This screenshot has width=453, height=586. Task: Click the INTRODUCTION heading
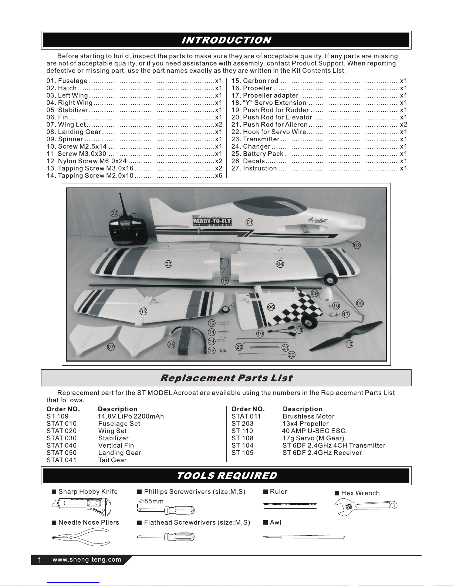click(226, 40)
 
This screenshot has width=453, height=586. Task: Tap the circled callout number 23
click(115, 213)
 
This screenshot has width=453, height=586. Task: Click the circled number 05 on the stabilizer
click(143, 311)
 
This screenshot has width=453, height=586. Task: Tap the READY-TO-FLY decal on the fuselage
click(212, 221)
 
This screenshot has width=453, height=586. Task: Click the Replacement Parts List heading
click(226, 378)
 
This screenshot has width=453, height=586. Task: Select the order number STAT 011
click(246, 416)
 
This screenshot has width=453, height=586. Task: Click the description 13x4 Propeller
click(305, 424)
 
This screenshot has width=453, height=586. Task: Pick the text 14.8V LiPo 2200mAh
click(131, 416)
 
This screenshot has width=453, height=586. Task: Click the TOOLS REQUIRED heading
click(226, 475)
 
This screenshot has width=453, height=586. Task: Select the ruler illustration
click(290, 507)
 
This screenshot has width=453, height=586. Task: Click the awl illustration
click(303, 537)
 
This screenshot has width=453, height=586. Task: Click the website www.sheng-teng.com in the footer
click(87, 560)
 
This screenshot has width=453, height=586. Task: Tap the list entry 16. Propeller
click(257, 88)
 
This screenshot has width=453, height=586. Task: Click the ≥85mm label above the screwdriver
click(151, 501)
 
